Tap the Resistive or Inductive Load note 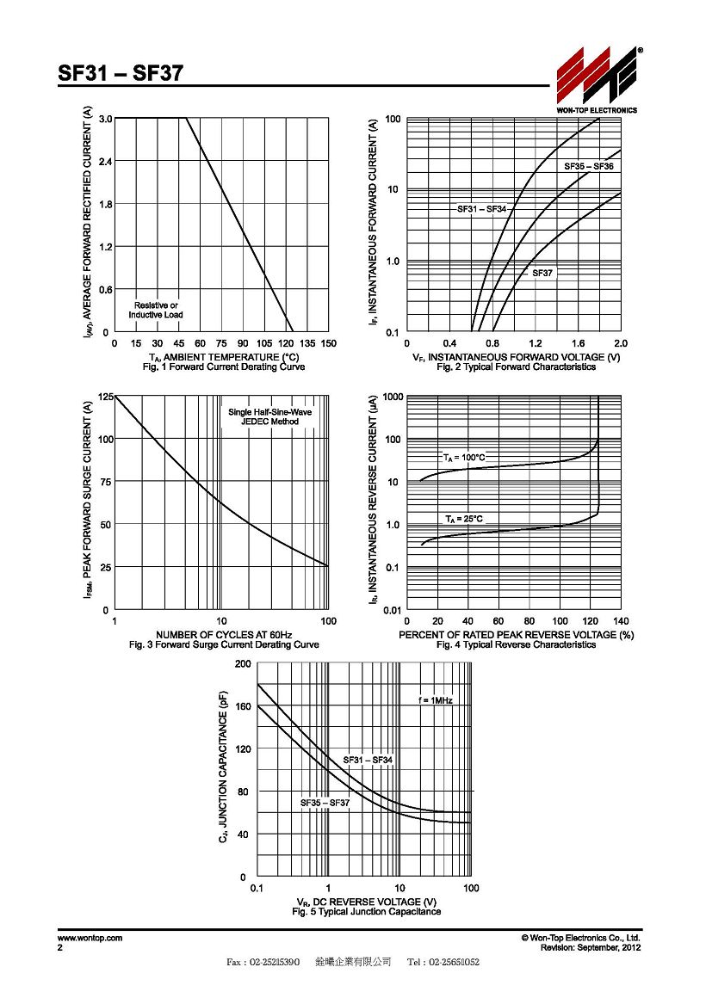point(156,310)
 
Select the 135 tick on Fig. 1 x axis point(307,343)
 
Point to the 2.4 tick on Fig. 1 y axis point(105,162)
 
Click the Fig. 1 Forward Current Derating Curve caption point(224,367)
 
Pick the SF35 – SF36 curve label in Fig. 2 point(589,166)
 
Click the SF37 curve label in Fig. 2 point(543,273)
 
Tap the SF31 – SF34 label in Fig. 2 point(481,209)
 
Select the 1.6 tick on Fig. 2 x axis point(579,343)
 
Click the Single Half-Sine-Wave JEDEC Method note point(270,417)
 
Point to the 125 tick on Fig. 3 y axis point(106,397)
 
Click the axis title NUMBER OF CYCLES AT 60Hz point(224,635)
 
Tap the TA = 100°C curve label point(465,457)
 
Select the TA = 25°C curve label point(464,519)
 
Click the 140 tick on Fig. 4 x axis point(621,621)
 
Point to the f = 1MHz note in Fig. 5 point(436,700)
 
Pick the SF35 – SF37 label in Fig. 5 point(325,803)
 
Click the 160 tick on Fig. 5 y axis point(244,706)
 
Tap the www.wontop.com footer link point(90,938)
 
